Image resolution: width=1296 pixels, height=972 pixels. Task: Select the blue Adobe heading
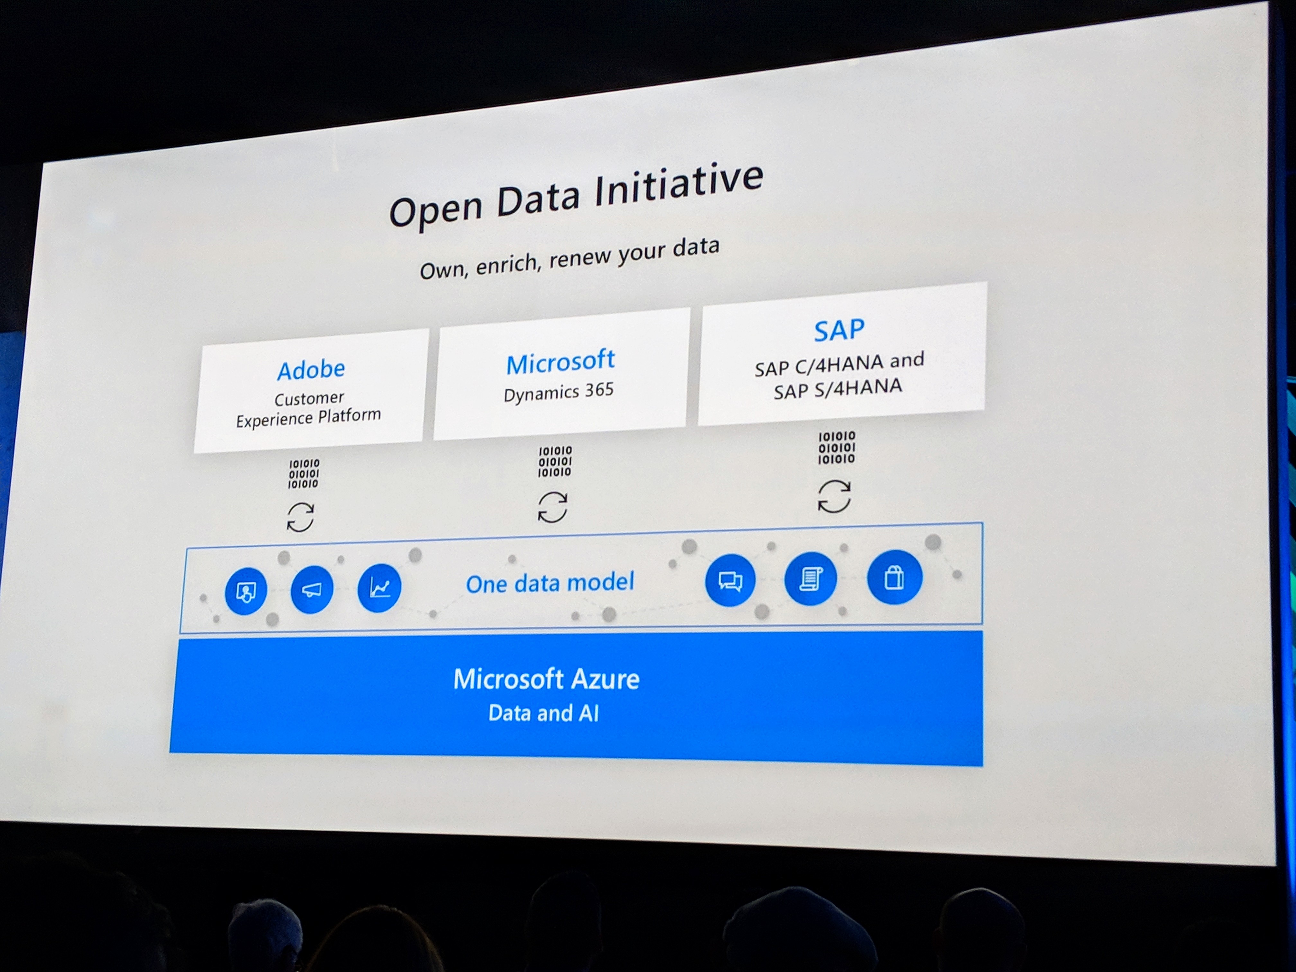coord(311,370)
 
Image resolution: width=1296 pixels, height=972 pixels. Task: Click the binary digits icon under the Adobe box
coord(303,473)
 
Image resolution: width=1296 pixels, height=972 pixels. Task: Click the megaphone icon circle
coord(312,589)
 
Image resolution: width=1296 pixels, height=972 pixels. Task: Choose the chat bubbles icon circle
coord(730,580)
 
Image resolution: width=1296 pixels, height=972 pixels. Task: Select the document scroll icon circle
coord(810,579)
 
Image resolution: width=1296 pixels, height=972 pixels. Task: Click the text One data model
coord(550,583)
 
